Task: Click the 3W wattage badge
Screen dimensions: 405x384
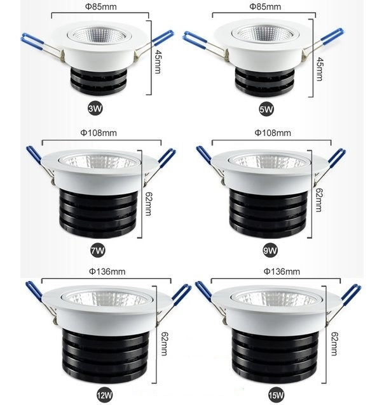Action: [96, 109]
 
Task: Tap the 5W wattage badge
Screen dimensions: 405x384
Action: [267, 109]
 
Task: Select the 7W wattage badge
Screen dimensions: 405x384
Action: [97, 251]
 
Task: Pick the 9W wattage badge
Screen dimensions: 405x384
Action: [270, 251]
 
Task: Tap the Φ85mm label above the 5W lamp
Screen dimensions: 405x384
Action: [265, 7]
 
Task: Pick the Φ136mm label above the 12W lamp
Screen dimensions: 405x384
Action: [109, 272]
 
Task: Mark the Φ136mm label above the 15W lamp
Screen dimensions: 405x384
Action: [281, 272]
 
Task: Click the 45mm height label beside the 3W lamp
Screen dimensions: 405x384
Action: [159, 63]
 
